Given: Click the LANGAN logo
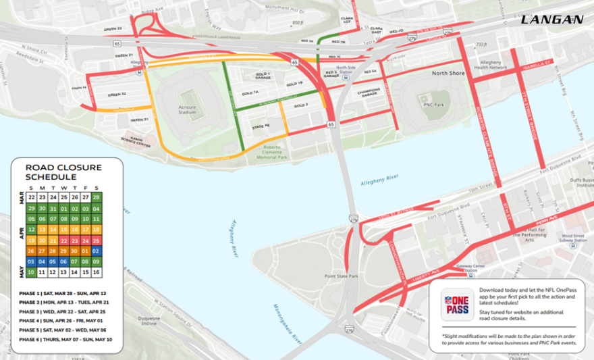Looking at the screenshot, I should coord(551,20).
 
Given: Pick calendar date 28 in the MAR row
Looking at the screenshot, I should coord(96,197).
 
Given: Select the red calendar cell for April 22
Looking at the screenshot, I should coord(63,240).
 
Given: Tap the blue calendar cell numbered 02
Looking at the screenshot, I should coord(96,251).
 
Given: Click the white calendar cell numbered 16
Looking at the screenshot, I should coord(96,272).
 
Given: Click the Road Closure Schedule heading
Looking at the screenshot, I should coord(63,172).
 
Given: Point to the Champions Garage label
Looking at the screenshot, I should coord(369,92).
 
